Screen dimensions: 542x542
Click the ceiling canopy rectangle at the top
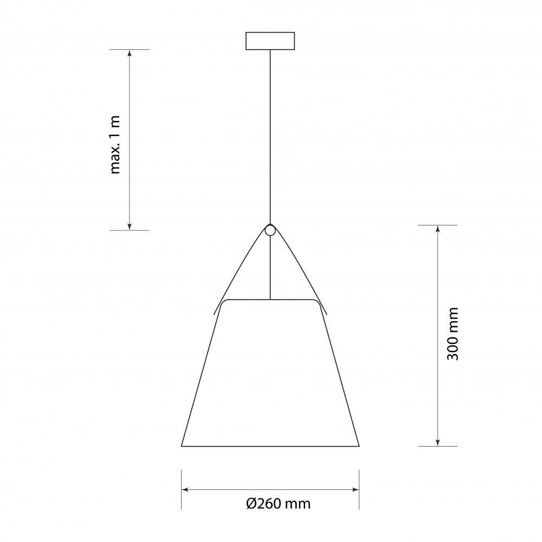(x=270, y=41)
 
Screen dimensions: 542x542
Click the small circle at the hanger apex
(x=270, y=230)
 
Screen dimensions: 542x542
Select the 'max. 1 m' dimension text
(x=115, y=145)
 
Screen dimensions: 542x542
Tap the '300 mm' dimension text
(x=453, y=334)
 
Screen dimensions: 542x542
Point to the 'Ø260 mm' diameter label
(x=279, y=504)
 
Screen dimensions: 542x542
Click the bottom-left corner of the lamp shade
(x=182, y=446)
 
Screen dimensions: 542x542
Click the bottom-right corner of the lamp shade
(x=359, y=446)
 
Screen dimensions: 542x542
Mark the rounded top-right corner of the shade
(x=317, y=301)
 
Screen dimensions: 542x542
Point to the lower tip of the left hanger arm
(x=214, y=314)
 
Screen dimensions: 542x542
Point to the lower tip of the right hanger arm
(x=327, y=314)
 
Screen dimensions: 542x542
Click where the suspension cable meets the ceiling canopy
(x=270, y=50)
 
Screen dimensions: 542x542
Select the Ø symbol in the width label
(x=251, y=504)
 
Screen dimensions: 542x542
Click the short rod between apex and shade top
(x=270, y=268)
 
